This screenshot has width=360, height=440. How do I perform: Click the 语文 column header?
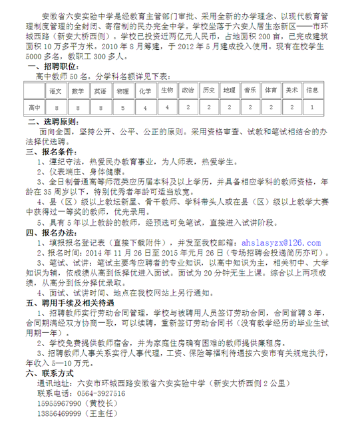pyautogui.click(x=55, y=89)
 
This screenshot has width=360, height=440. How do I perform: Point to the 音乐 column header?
pyautogui.click(x=250, y=89)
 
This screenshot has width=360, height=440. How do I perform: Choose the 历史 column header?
pyautogui.click(x=208, y=89)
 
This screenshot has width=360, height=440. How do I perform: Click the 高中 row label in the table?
pyautogui.click(x=34, y=107)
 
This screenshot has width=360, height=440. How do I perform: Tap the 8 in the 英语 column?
pyautogui.click(x=100, y=107)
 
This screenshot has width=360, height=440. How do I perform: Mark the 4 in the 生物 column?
pyautogui.click(x=167, y=107)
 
